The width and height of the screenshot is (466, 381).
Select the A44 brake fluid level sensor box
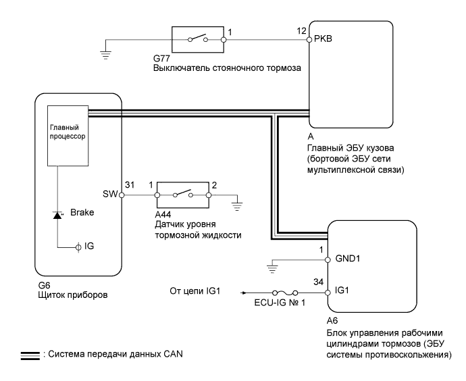182,195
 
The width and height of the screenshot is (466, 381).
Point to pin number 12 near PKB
301,31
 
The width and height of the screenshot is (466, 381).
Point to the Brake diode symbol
57,214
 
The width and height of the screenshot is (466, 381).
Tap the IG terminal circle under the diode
78,247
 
